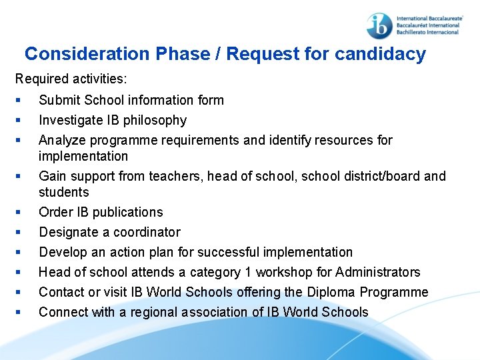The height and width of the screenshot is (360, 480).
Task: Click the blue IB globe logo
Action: tap(379, 25)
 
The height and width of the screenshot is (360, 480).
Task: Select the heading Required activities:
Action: tap(71, 79)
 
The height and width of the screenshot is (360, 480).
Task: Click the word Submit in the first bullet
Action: tap(58, 100)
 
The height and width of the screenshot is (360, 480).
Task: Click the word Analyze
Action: tap(62, 140)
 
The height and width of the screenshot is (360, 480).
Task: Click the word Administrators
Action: tap(378, 272)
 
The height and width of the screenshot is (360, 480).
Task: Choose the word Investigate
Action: tap(71, 120)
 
